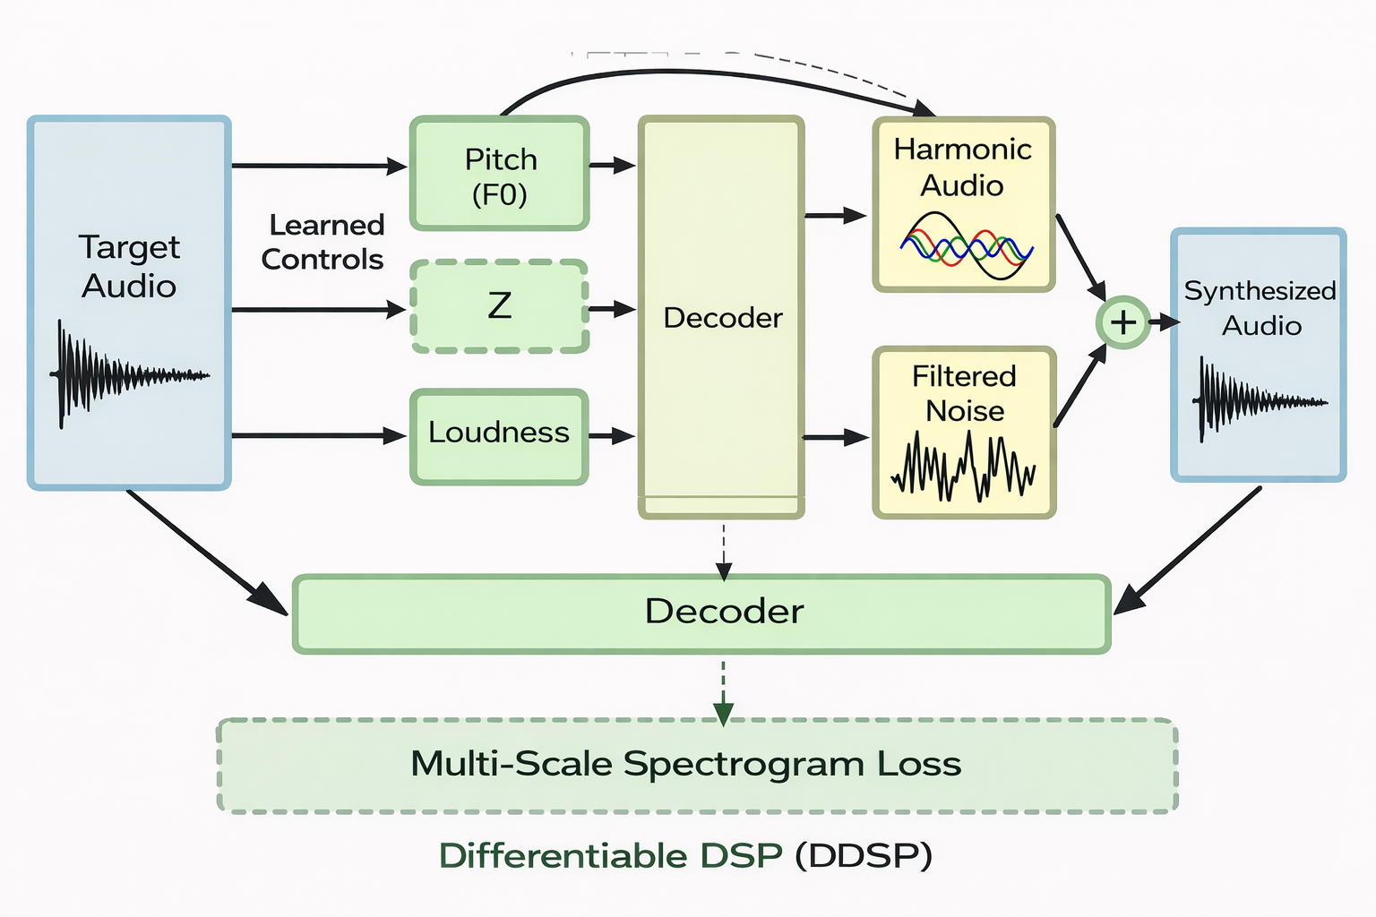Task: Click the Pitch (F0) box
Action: [499, 174]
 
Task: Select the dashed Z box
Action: [499, 306]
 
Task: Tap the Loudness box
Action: [499, 436]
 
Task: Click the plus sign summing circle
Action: [1122, 322]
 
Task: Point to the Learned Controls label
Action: [323, 242]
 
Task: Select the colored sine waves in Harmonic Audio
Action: [966, 245]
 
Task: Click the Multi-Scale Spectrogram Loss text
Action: [685, 764]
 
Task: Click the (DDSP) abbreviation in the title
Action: [864, 856]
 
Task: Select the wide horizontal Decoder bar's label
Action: [724, 612]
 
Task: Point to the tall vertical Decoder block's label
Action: [722, 318]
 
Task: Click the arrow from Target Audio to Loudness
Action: [318, 436]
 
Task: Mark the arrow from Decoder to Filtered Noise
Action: [835, 437]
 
